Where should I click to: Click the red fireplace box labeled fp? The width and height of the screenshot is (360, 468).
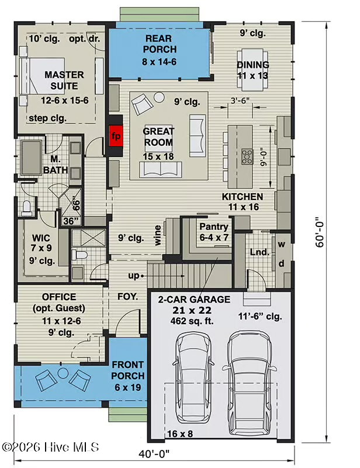pos(116,136)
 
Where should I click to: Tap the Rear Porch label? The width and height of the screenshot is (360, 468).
pos(160,44)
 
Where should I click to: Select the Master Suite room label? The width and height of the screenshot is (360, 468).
pos(64,80)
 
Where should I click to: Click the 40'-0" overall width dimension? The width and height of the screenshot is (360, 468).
pos(154,455)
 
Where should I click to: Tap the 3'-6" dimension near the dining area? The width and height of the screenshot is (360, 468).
pos(240,101)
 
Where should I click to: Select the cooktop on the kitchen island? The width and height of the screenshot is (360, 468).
pos(247,157)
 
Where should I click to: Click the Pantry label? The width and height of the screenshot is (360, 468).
pos(214,227)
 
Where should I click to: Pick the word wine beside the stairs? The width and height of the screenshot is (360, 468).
pos(158,236)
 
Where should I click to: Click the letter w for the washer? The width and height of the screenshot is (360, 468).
pos(282,245)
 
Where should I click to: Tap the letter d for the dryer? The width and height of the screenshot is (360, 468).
pos(282,264)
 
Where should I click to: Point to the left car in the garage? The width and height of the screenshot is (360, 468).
pos(193,377)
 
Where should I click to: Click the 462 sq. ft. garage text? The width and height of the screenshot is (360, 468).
pos(192,321)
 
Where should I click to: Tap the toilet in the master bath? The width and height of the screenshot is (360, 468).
pos(26,208)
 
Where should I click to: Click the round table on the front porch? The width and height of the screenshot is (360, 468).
pos(63,373)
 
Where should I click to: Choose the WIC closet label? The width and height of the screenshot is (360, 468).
pos(41,238)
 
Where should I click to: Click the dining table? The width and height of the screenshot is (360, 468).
pos(252,70)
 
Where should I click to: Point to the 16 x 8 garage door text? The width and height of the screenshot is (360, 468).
pos(180,433)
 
